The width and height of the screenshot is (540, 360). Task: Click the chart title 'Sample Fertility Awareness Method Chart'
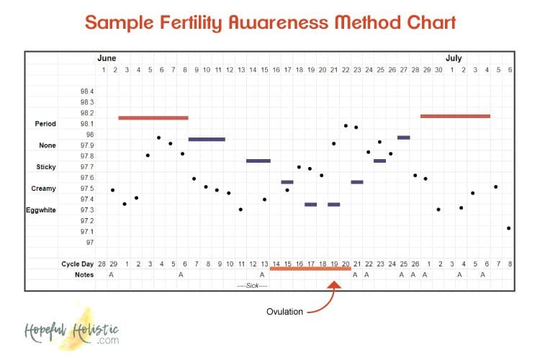click(x=270, y=22)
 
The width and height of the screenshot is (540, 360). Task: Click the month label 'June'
click(x=107, y=58)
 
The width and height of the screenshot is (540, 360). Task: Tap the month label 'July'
click(x=454, y=58)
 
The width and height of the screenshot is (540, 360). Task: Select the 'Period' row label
click(x=45, y=124)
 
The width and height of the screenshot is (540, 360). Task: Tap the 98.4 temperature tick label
click(x=87, y=91)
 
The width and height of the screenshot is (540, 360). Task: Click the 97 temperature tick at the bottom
click(x=89, y=242)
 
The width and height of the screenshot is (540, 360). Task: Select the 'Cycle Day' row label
click(x=78, y=264)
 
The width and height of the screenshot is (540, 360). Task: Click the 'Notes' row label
click(x=84, y=274)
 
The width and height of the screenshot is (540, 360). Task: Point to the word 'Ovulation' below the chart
click(x=284, y=312)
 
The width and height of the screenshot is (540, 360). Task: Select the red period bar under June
click(x=153, y=117)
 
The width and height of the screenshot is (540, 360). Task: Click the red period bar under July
click(x=455, y=115)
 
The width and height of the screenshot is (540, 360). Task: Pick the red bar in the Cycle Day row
click(x=310, y=268)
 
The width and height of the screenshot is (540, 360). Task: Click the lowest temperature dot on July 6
click(x=508, y=228)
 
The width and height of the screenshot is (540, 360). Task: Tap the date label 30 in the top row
click(x=438, y=70)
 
